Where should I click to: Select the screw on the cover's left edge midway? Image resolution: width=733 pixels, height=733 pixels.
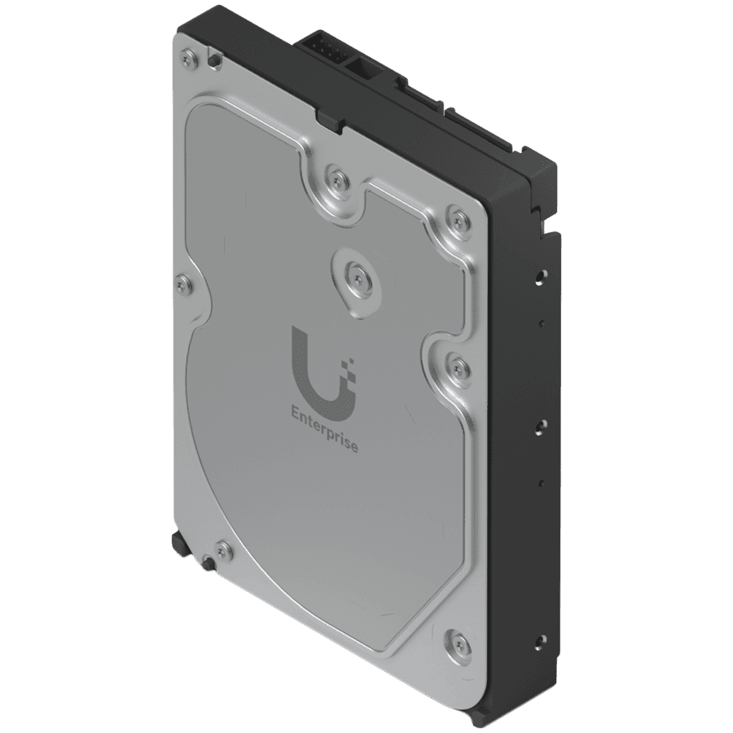coord(187,283)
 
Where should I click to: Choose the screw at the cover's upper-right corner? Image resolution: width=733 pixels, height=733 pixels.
coord(457,217)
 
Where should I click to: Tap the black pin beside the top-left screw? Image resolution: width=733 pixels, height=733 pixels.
coord(214,59)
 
